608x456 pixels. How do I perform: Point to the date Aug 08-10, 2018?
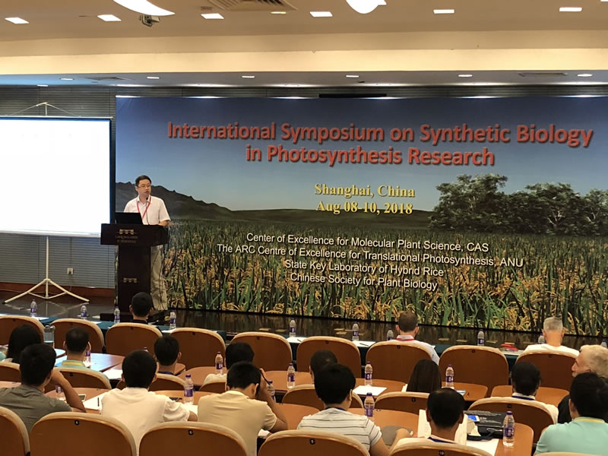click(x=364, y=207)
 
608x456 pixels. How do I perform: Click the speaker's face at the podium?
click(x=143, y=186)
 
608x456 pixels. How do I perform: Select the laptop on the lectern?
click(x=129, y=217)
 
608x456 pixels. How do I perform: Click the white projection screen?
click(x=55, y=175)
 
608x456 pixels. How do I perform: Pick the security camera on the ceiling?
click(x=150, y=20)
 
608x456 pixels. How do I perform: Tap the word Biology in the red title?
click(x=554, y=135)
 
